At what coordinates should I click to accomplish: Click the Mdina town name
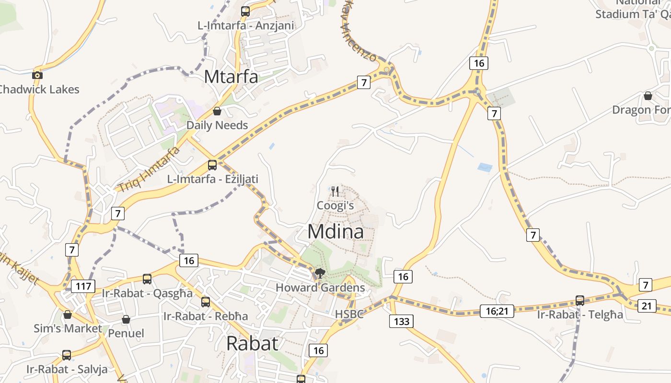(x=335, y=232)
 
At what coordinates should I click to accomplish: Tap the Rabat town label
(x=252, y=343)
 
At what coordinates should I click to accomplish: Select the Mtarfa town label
(x=231, y=77)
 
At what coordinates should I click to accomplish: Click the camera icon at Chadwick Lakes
(x=37, y=75)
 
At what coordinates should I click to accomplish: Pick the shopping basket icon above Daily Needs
(x=217, y=111)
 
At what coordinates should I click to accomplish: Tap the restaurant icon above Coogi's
(x=335, y=192)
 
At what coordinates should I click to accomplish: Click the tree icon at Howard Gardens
(x=320, y=274)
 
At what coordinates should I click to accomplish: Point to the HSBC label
(x=349, y=315)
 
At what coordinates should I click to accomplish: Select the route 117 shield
(x=83, y=286)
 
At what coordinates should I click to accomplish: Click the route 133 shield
(x=401, y=321)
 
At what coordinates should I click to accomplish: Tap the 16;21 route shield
(x=497, y=311)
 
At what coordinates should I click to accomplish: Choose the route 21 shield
(x=647, y=305)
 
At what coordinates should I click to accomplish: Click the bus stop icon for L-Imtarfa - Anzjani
(x=245, y=11)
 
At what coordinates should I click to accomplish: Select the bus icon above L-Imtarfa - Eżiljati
(x=212, y=165)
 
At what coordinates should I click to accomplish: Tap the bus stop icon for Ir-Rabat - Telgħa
(x=580, y=301)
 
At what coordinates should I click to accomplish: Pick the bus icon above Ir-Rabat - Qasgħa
(x=147, y=279)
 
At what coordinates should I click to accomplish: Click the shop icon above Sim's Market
(x=68, y=315)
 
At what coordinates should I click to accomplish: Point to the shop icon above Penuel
(x=126, y=319)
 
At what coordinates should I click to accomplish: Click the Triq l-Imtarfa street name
(x=149, y=169)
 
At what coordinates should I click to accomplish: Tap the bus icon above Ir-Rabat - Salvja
(x=67, y=355)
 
